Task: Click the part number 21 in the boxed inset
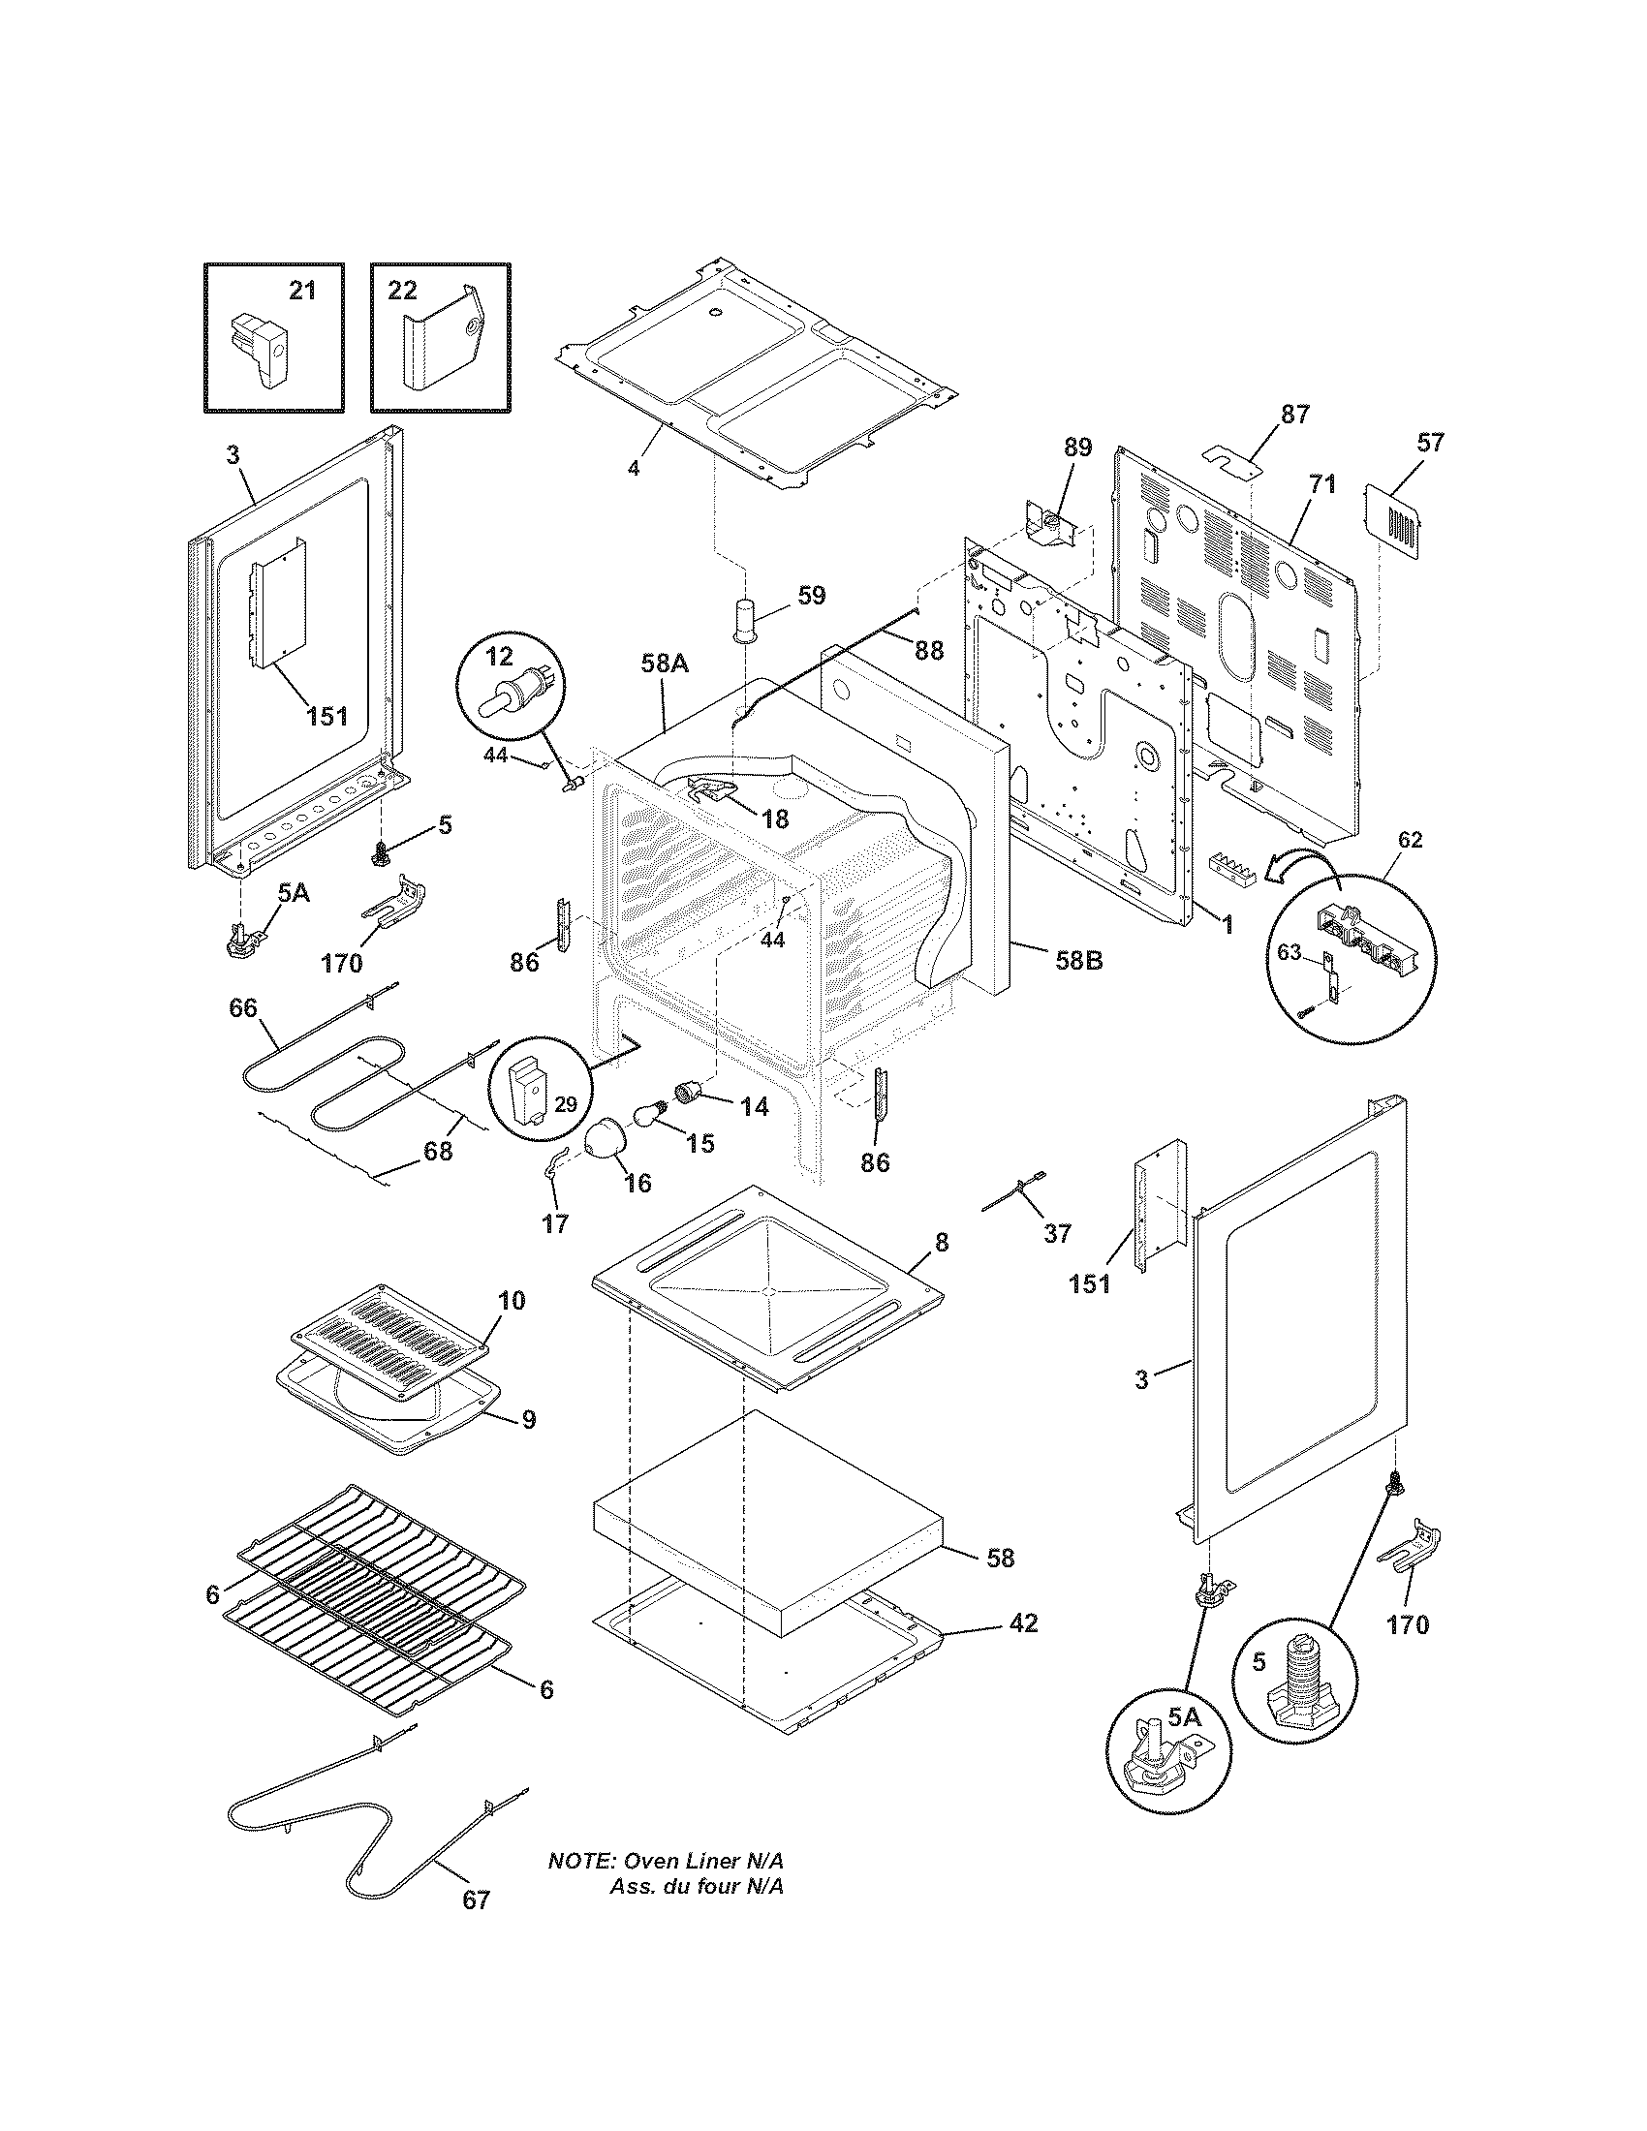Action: tap(302, 290)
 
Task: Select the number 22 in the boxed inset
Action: tap(402, 290)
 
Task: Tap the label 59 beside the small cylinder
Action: tap(811, 595)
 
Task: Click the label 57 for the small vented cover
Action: tap(1429, 442)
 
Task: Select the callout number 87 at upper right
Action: tap(1294, 414)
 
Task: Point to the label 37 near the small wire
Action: tap(1057, 1233)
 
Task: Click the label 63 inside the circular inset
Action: tap(1290, 952)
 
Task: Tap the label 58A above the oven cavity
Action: tap(665, 664)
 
